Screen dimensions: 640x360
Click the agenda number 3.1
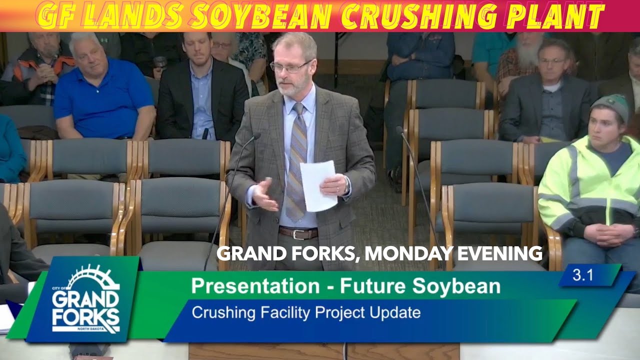coord(583,275)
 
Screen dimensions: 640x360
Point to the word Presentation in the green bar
coord(255,286)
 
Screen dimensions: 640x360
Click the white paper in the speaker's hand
coord(317,185)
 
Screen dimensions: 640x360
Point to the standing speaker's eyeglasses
coord(289,67)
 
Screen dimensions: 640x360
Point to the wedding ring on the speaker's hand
coord(338,189)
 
